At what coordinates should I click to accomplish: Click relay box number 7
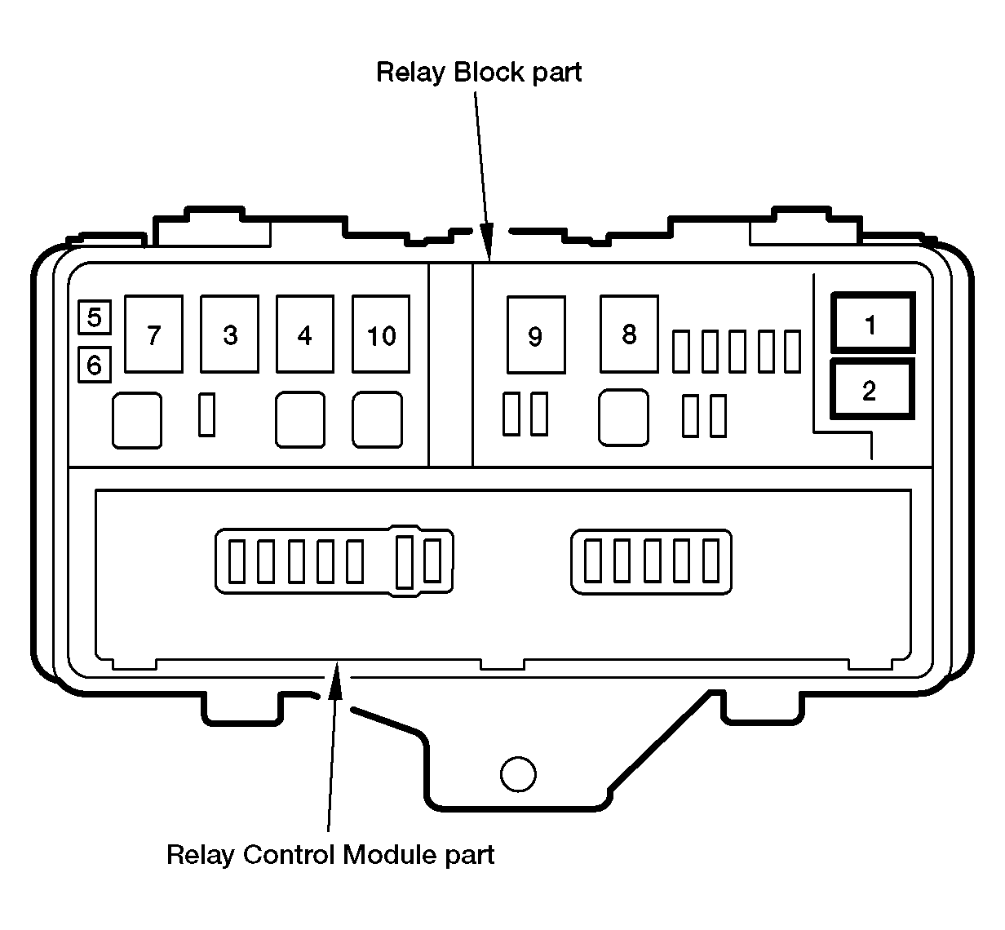click(153, 334)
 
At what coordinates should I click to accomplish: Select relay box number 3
click(230, 334)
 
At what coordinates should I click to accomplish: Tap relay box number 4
click(305, 334)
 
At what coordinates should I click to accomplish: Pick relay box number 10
click(381, 334)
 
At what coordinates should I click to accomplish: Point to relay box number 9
click(535, 335)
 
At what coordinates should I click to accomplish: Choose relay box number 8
click(629, 334)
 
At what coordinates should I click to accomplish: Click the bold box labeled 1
click(872, 324)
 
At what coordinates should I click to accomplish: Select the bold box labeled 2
click(871, 390)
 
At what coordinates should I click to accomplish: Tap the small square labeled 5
click(95, 317)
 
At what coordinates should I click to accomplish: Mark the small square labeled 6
click(95, 365)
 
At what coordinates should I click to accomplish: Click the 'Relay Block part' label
click(479, 73)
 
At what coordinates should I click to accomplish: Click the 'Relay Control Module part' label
click(330, 855)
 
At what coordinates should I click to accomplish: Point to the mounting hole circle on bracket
click(518, 774)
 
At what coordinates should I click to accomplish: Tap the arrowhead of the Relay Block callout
click(487, 246)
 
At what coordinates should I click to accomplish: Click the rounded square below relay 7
click(137, 420)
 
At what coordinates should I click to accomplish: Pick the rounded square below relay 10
click(378, 420)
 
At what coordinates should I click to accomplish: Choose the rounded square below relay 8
click(624, 418)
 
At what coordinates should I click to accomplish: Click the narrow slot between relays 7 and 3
click(207, 414)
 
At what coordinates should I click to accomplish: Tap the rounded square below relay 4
click(300, 420)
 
